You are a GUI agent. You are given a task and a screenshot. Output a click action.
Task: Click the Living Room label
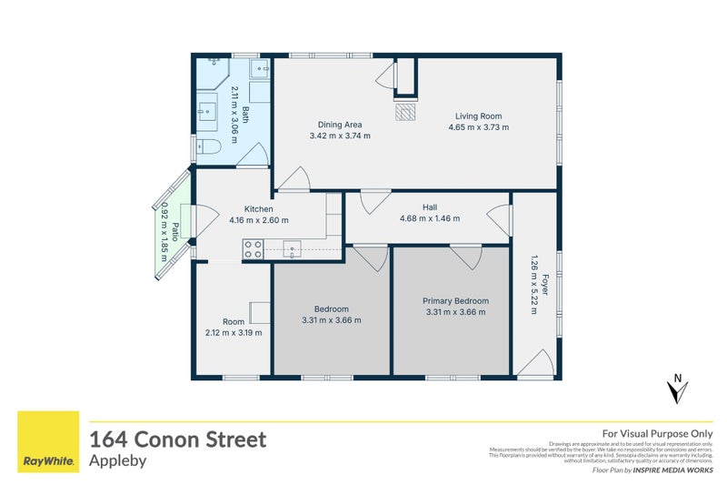pos(478,116)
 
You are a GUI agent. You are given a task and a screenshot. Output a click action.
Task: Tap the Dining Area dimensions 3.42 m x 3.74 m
pos(340,136)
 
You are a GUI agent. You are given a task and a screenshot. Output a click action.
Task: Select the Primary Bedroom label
pos(455,301)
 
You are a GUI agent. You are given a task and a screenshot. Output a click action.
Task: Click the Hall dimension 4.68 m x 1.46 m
pos(430,218)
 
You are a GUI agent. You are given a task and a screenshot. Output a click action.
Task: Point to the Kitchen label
pos(246,207)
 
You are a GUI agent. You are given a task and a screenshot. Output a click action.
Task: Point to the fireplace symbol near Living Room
pos(405,111)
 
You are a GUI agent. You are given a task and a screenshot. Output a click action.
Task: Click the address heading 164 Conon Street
pos(177,440)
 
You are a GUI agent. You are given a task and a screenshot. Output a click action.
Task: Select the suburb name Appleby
pos(117,460)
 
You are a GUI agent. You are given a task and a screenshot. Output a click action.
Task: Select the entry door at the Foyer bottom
pos(536,363)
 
